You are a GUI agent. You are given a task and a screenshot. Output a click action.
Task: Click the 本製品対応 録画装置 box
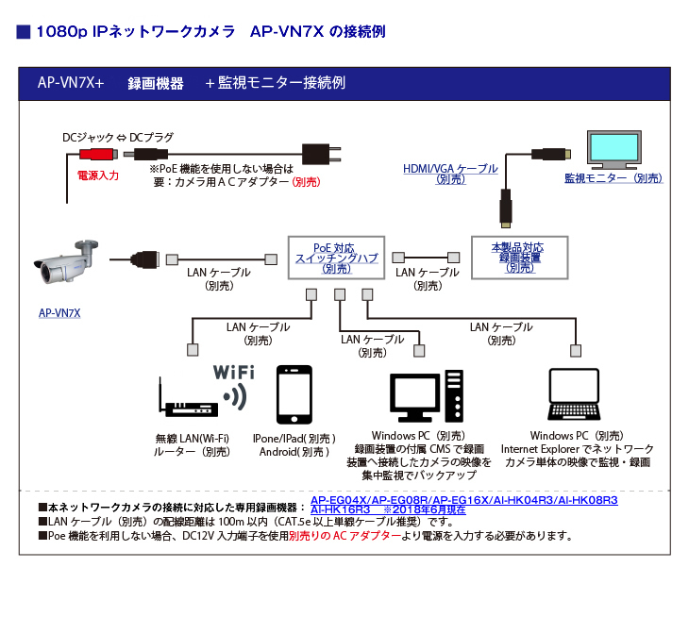pos(519,257)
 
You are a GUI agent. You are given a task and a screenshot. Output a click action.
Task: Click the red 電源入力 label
pos(97,175)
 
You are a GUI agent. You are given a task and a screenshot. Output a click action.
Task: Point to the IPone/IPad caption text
pos(294,439)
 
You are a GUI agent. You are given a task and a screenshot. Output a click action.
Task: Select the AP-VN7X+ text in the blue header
pos(71,82)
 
